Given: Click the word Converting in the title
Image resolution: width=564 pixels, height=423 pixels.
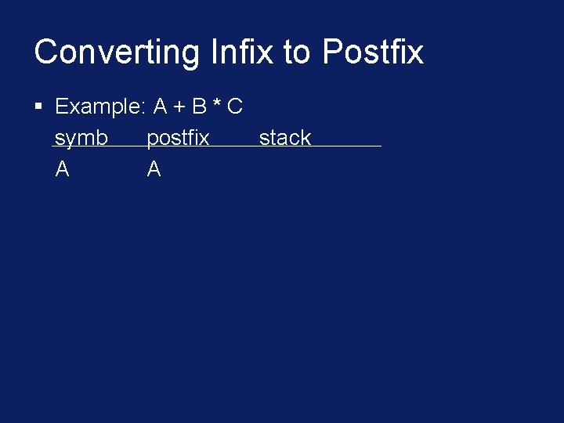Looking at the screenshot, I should (117, 52).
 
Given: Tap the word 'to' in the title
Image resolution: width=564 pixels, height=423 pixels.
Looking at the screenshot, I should (297, 52).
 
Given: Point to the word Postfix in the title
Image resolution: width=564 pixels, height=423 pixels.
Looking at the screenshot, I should (373, 52).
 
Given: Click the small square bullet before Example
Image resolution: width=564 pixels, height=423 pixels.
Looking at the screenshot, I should (38, 105).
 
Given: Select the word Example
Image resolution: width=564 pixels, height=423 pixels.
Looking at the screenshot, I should (97, 107).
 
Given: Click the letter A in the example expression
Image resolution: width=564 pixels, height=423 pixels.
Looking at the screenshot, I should (161, 106).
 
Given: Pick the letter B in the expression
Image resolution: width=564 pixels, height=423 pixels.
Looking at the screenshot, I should (198, 106).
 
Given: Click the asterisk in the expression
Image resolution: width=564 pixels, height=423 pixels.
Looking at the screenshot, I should (215, 103).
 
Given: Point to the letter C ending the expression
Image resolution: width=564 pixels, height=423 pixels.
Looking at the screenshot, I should (234, 106).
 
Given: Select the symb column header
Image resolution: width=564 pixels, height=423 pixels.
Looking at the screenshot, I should (81, 138).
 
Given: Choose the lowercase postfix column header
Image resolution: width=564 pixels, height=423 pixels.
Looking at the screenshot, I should (178, 138).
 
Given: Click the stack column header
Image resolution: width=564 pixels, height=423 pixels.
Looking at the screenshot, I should (285, 138).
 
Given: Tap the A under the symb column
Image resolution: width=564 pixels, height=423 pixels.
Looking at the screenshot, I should (63, 168).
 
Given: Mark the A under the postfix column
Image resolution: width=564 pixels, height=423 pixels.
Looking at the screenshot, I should (154, 168).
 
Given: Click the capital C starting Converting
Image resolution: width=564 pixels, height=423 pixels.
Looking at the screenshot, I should (45, 52).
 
